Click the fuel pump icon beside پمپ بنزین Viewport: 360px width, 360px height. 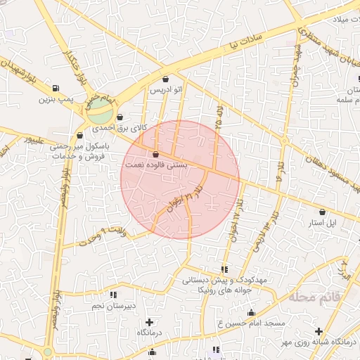[x=55, y=88]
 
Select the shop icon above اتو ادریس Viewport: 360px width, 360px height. [x=165, y=79]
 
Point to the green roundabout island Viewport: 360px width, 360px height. [x=99, y=110]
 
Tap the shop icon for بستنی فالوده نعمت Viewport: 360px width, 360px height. [x=155, y=154]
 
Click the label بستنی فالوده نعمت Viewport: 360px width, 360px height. [x=155, y=165]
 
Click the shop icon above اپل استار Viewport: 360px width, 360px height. [x=322, y=211]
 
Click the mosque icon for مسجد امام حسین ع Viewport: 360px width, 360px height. [x=252, y=312]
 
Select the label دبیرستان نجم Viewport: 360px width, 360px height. [x=113, y=307]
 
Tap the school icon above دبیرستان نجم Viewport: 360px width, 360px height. [x=113, y=295]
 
